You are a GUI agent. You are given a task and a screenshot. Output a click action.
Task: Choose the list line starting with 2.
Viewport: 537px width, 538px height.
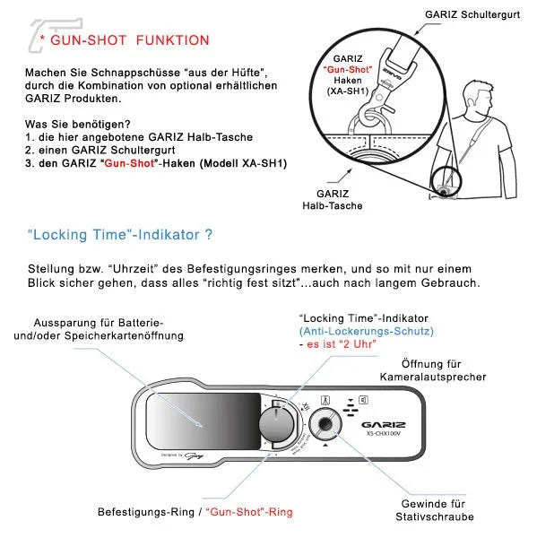click(x=114, y=150)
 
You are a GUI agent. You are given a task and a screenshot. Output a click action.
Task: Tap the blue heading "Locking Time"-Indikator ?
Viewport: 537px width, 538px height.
click(x=120, y=235)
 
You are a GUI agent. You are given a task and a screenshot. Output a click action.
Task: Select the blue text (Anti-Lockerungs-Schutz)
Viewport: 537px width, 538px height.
click(x=357, y=331)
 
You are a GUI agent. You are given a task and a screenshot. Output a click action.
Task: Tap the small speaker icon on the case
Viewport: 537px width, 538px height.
click(x=362, y=399)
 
